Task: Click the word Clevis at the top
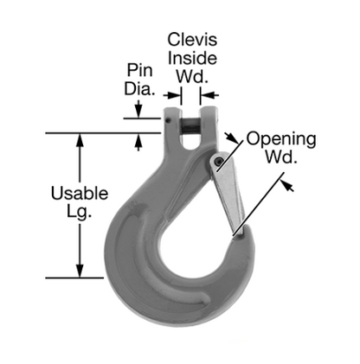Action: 191,40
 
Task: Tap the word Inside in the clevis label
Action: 192,57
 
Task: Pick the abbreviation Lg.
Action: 79,212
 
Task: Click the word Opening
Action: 280,138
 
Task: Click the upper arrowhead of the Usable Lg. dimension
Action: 80,138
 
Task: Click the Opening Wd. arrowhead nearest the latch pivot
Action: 231,138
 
